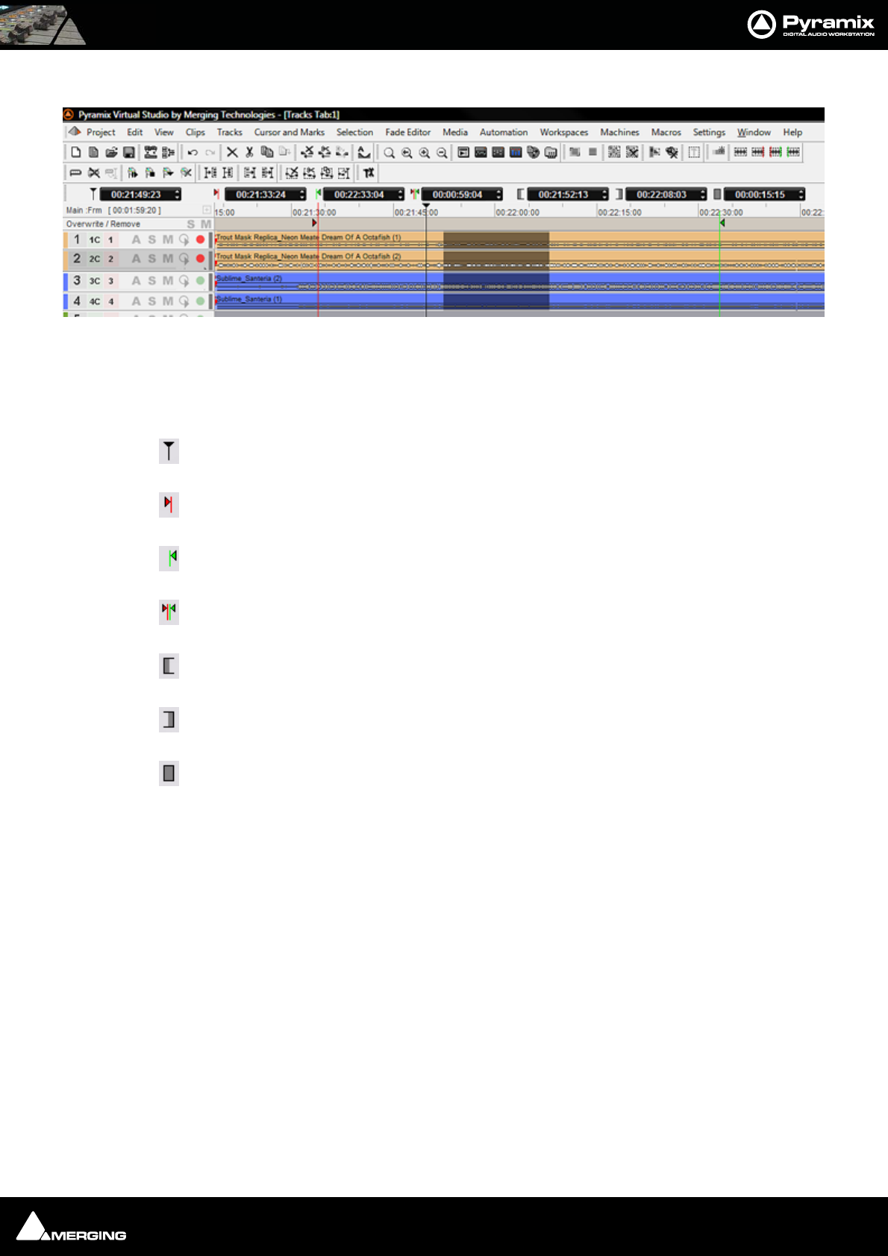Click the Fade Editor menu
click(407, 132)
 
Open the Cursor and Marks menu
click(289, 132)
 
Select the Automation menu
click(503, 132)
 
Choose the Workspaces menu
click(563, 132)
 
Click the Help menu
click(792, 132)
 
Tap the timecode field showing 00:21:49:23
click(136, 195)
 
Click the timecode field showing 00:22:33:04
click(359, 195)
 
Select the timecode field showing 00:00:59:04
click(457, 195)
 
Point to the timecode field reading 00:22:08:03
click(661, 195)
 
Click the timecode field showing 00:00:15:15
click(760, 195)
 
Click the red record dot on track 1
click(200, 239)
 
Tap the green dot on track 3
click(200, 280)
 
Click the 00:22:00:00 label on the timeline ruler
click(518, 213)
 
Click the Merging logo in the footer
click(72, 1228)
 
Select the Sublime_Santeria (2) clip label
click(249, 278)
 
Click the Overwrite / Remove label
click(103, 224)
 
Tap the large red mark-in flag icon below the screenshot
click(169, 505)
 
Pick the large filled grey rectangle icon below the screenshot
click(169, 773)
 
